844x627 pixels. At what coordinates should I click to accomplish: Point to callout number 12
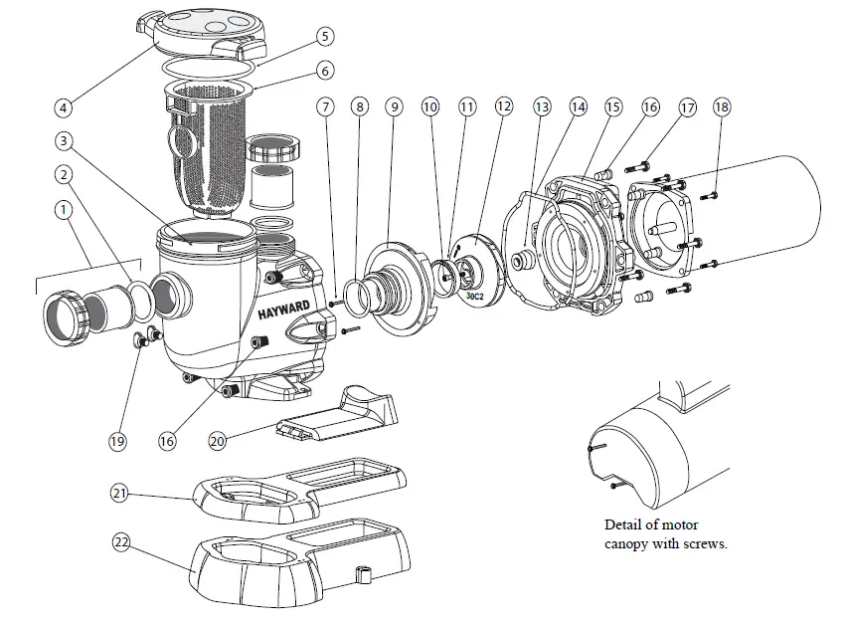click(505, 105)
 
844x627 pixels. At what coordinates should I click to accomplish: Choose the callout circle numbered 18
click(722, 105)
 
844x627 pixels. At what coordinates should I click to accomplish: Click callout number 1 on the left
click(63, 210)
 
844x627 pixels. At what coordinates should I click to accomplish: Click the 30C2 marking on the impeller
click(474, 295)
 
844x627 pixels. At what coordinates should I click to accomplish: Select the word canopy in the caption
click(628, 543)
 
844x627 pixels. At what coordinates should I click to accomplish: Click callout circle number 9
click(395, 105)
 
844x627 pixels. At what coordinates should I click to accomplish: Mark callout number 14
click(578, 105)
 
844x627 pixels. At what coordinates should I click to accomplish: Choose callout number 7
click(324, 105)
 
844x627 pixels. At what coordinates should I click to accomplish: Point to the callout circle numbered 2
click(63, 175)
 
